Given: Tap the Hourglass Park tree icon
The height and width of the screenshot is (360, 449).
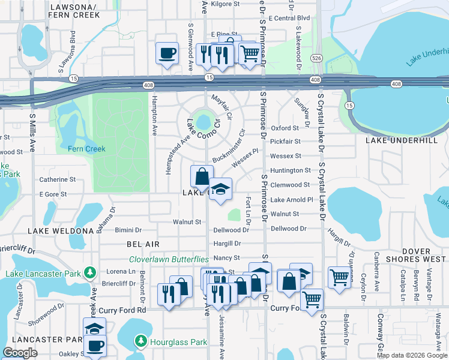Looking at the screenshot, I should click(142, 342).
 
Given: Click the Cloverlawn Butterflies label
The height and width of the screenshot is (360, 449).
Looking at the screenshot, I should click(169, 259).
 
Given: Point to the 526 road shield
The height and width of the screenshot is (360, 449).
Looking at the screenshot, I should click(316, 58).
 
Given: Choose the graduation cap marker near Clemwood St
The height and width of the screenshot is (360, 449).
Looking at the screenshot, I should click(220, 189).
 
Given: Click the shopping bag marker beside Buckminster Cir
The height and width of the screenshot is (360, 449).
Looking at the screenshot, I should click(202, 176).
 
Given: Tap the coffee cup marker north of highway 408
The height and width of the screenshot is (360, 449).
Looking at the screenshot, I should click(167, 53).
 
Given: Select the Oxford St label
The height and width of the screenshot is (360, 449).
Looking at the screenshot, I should click(285, 128).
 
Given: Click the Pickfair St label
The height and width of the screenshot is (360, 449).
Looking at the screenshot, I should click(285, 142).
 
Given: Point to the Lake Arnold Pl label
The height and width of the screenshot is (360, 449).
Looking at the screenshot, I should click(292, 200).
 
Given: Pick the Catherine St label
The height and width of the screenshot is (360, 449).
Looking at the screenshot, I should click(57, 179).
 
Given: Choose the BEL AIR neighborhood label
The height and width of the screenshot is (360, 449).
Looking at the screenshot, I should click(143, 244).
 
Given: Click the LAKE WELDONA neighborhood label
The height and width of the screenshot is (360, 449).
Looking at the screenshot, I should click(61, 230).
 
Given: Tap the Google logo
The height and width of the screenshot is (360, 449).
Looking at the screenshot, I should click(20, 352).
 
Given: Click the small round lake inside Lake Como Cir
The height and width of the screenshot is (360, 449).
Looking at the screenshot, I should click(204, 122).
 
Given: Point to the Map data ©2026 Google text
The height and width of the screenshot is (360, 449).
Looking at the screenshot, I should click(411, 355).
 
